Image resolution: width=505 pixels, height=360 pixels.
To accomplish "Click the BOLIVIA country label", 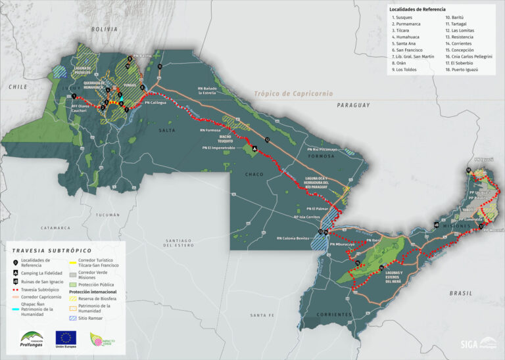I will [105, 30].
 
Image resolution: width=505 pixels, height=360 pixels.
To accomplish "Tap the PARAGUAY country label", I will [353, 105].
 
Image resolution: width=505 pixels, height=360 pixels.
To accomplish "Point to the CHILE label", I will [16, 86].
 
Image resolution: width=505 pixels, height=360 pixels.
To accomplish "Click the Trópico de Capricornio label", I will [293, 94].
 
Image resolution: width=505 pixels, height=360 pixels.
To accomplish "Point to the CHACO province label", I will [254, 175].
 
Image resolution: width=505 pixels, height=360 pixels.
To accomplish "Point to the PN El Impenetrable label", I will [218, 148].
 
